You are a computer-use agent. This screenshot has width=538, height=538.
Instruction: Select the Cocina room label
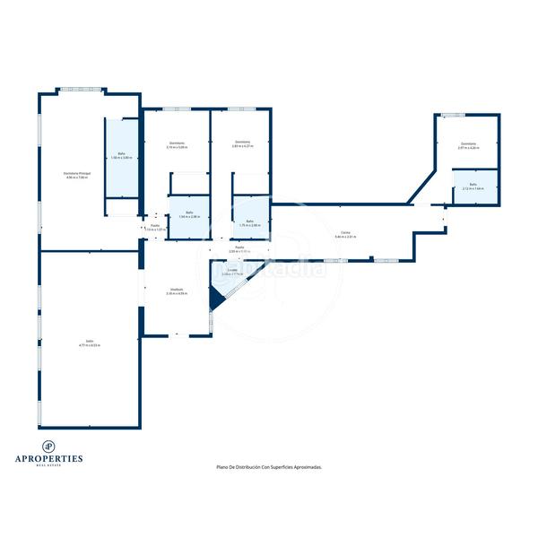click(345, 234)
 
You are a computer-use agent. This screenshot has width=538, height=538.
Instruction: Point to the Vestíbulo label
click(178, 291)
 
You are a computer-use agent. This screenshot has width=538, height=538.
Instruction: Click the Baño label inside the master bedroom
click(121, 155)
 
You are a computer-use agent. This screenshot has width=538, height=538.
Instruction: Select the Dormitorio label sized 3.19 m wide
click(177, 144)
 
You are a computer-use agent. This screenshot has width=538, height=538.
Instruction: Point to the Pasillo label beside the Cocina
click(239, 248)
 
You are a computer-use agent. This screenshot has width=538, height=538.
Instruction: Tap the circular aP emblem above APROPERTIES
click(50, 446)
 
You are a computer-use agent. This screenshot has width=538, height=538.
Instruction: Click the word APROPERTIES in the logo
click(50, 458)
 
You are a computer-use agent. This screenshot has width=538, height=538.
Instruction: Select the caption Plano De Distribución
click(269, 467)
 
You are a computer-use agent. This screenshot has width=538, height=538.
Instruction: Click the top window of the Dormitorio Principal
click(82, 89)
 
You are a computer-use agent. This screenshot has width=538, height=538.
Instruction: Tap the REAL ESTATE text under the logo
click(50, 465)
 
